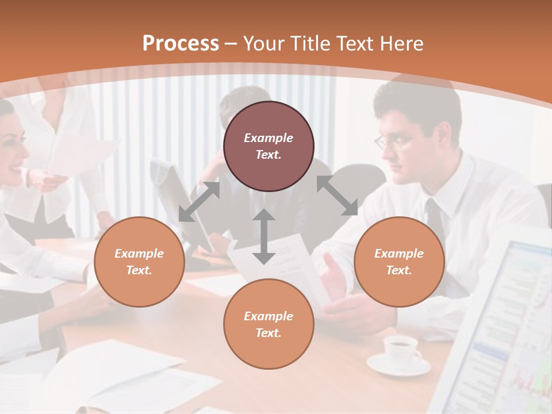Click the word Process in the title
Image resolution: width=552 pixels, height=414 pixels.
tap(181, 43)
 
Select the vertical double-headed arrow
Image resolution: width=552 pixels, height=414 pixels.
tap(264, 236)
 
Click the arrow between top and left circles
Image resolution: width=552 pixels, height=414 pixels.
tap(200, 202)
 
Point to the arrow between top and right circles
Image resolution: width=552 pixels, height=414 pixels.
tap(337, 195)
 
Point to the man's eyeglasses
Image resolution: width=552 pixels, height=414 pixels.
tap(393, 140)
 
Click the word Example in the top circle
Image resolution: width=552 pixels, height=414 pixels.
tap(269, 138)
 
